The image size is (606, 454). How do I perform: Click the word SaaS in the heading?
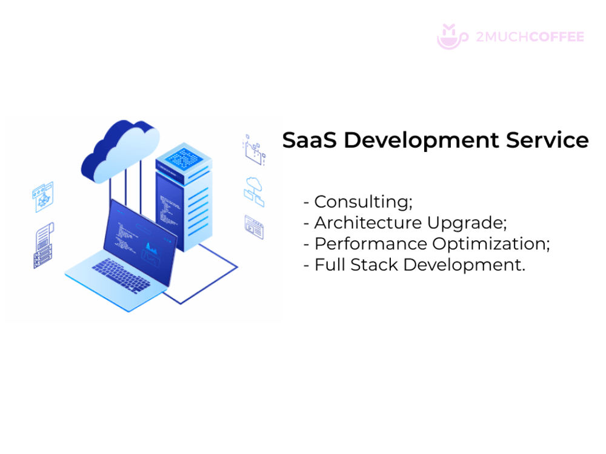[x=310, y=140]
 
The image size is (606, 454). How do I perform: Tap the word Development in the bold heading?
[x=421, y=141]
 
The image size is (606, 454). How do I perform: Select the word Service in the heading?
[x=547, y=140]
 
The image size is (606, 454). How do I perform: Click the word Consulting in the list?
[x=363, y=202]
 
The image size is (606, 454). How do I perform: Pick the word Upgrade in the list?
[x=467, y=223]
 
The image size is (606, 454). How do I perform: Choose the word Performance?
[x=371, y=244]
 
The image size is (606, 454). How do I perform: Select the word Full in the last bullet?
[x=330, y=265]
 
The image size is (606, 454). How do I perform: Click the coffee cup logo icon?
[x=452, y=37]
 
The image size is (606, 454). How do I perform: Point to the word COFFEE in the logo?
[x=557, y=37]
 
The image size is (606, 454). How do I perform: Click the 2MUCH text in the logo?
[x=502, y=37]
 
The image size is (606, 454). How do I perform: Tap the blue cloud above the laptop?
[x=120, y=152]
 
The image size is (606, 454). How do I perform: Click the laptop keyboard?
[x=121, y=275]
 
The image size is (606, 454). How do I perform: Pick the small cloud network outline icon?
[x=254, y=192]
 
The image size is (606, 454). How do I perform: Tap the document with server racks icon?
[x=44, y=246]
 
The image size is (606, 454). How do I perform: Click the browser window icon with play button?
[x=254, y=228]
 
